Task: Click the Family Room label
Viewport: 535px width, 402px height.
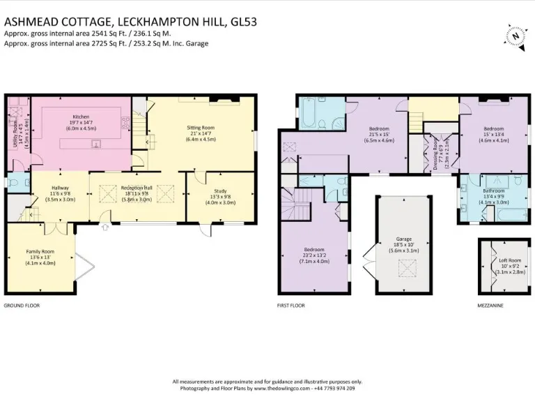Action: [x=40, y=251]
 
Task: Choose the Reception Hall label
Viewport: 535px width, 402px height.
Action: [x=137, y=188]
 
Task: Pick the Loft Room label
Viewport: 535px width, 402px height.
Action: [x=510, y=260]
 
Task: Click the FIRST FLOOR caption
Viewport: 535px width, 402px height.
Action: [x=290, y=306]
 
